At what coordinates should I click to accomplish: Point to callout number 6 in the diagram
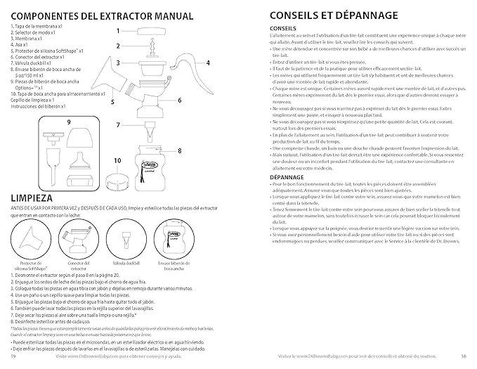coord(180,101)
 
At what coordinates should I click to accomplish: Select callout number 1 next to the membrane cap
coord(117,31)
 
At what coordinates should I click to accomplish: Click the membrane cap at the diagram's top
coord(151,30)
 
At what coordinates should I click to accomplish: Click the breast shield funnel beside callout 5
coord(120,75)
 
